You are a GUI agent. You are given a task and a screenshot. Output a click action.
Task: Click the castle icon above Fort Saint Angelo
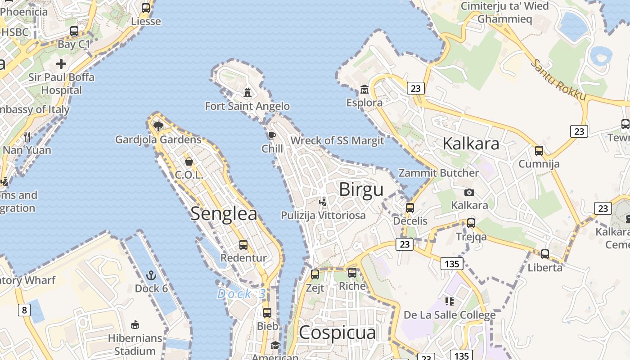[247, 92]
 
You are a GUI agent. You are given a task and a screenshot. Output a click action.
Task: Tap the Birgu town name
[361, 189]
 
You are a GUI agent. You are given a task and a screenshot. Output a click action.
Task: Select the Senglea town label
[224, 213]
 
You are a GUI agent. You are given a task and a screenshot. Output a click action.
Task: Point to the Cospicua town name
[337, 333]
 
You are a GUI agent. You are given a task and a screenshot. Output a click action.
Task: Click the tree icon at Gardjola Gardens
[158, 126]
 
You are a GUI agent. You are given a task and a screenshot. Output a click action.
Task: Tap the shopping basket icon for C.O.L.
[189, 161]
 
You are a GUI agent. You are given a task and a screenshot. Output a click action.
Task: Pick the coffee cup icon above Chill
[272, 135]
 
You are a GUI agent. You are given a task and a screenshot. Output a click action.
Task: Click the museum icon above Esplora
[364, 89]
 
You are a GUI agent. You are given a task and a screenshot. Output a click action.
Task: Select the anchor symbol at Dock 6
[152, 275]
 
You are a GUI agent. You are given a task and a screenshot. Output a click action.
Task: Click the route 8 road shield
[24, 310]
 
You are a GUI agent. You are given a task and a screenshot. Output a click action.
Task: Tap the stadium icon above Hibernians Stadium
[135, 324]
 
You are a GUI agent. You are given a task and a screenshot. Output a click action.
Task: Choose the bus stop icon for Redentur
[243, 245]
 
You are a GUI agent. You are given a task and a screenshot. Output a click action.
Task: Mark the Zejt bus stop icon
[315, 274]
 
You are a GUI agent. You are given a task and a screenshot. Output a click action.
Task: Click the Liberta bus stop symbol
[545, 254]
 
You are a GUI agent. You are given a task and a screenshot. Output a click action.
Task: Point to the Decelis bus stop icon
[410, 208]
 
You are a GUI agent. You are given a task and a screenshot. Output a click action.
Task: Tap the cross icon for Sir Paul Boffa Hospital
[61, 64]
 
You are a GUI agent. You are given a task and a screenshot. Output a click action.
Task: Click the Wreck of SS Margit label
[337, 140]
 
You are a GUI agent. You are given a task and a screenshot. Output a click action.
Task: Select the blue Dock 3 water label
[241, 294]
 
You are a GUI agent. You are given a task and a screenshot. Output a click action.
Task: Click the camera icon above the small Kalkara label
[469, 192]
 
